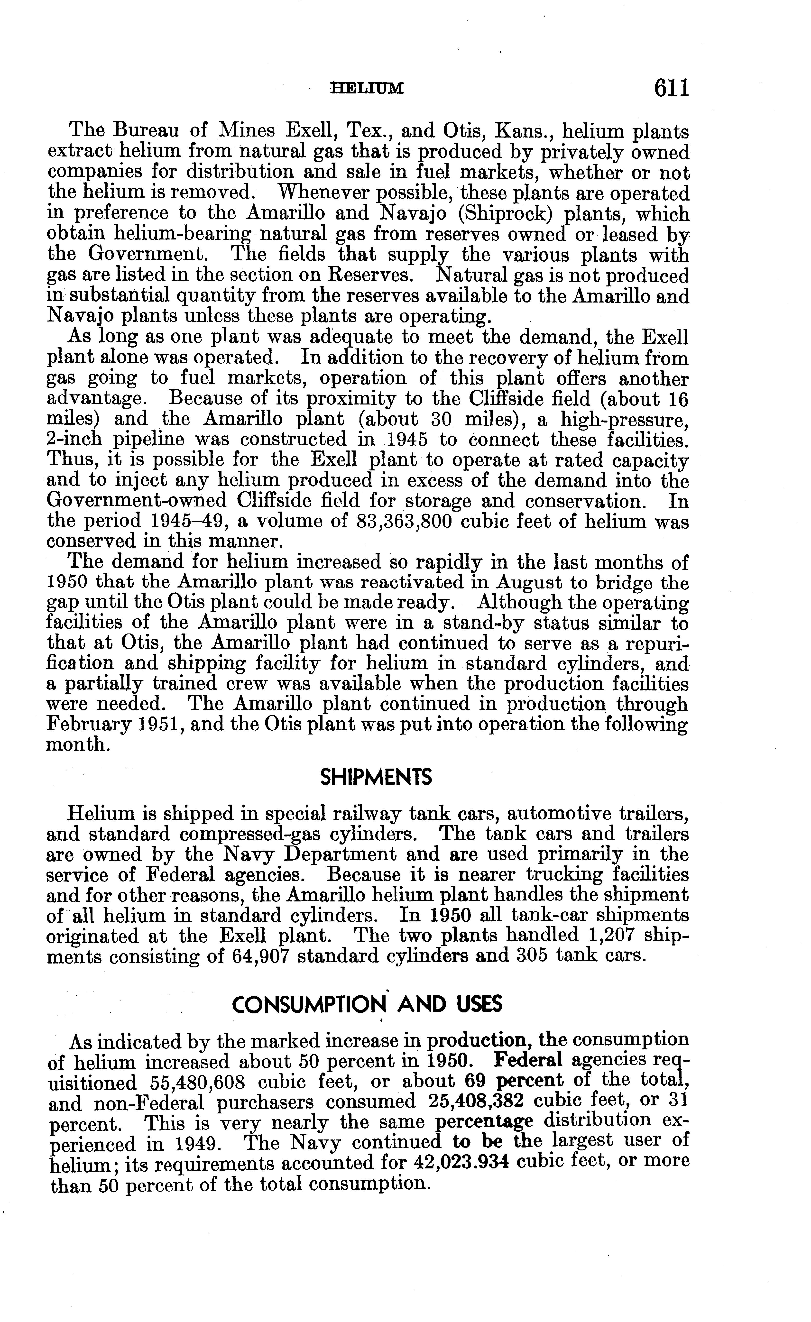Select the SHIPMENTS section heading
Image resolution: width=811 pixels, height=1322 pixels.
376,777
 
